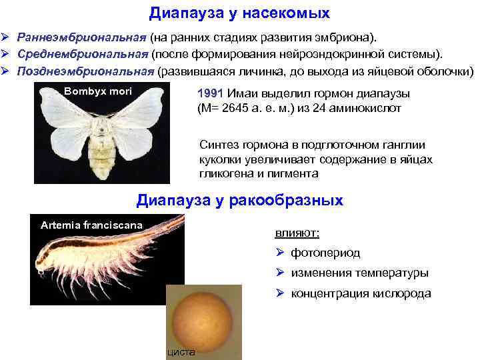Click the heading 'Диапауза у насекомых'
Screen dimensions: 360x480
click(239, 13)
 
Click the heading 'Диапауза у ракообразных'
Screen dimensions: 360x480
click(239, 199)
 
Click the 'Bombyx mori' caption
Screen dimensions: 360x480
click(98, 90)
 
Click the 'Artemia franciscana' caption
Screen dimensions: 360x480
click(91, 225)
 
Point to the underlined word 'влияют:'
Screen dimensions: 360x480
click(297, 233)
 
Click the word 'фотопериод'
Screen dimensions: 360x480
click(325, 253)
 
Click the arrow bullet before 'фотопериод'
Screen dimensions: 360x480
click(280, 253)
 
